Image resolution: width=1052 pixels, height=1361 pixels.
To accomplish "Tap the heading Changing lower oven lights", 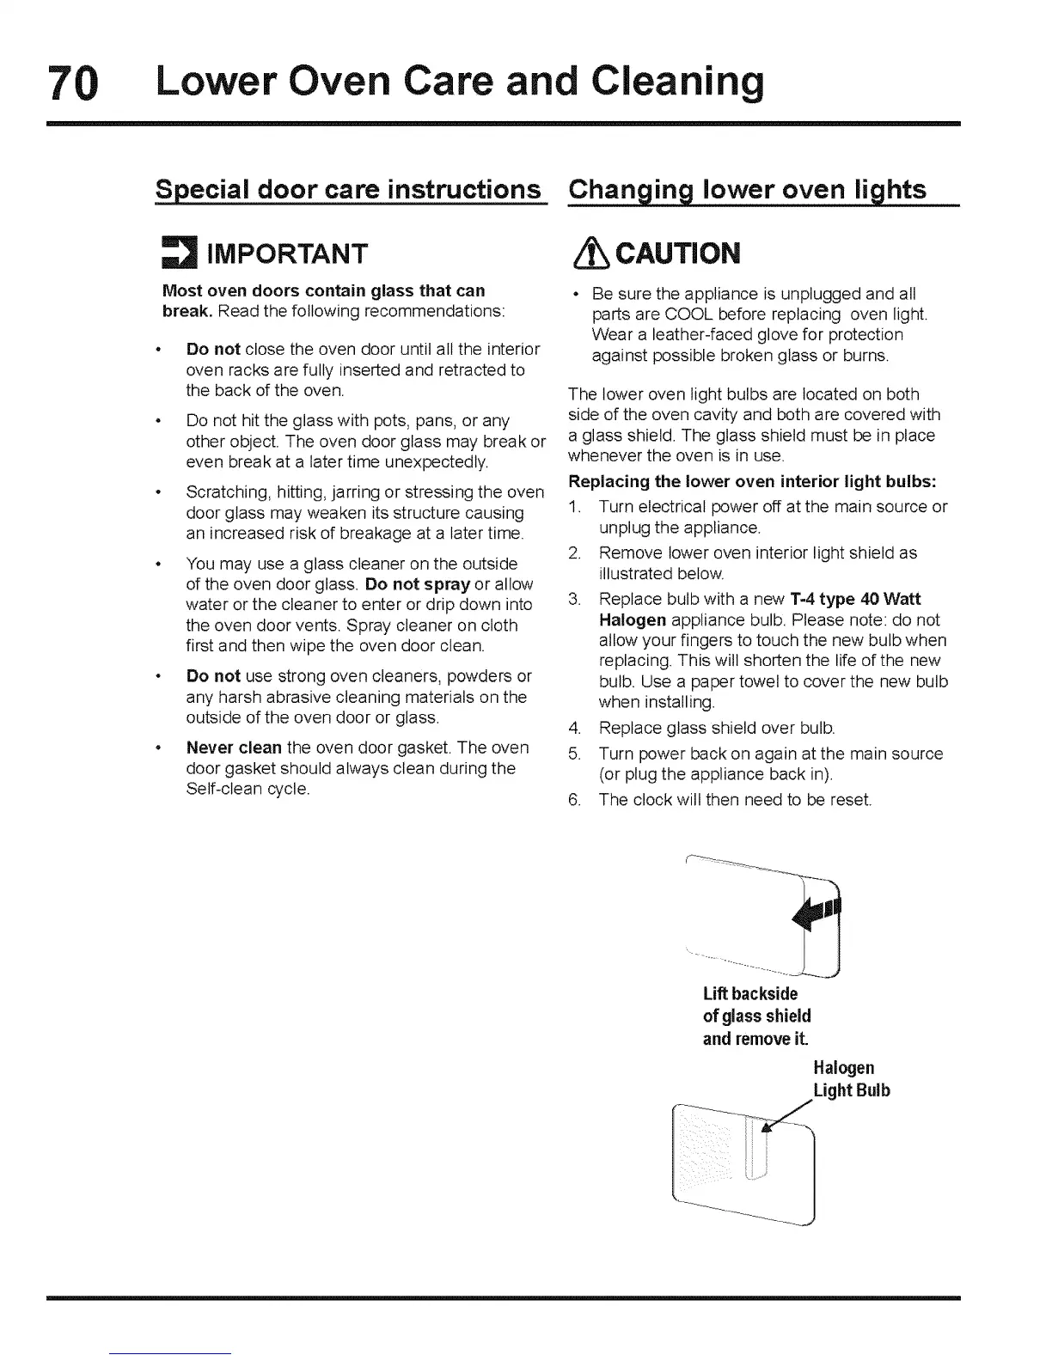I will pyautogui.click(x=748, y=189).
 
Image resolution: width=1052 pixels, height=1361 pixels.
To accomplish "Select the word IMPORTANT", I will pyautogui.click(x=282, y=253).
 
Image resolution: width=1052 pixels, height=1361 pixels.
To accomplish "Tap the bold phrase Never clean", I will pyautogui.click(x=234, y=748).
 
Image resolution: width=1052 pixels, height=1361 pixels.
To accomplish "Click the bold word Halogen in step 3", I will pyautogui.click(x=632, y=619).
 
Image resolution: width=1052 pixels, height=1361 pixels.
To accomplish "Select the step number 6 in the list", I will pyautogui.click(x=573, y=800).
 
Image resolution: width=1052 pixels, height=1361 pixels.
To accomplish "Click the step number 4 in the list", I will pyautogui.click(x=573, y=729).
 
